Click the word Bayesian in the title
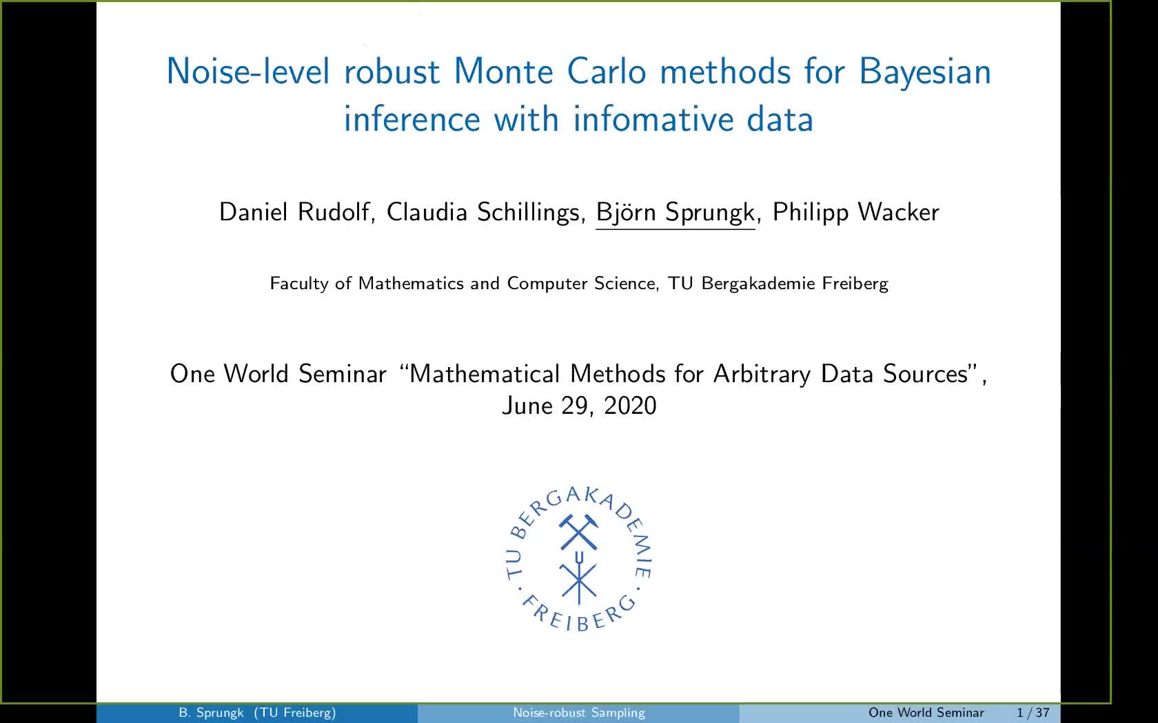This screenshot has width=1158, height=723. pos(925,72)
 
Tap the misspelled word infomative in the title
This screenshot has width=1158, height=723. pos(653,119)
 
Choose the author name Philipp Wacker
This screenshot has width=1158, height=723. pos(855,213)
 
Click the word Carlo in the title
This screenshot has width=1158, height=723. pos(607,71)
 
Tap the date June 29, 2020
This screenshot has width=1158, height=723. pos(579,406)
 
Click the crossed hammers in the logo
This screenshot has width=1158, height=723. pos(578,532)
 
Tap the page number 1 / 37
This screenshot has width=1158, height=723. pos(1033,713)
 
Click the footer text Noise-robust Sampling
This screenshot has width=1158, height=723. pos(579,713)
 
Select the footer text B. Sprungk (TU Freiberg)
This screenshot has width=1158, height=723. pos(258,713)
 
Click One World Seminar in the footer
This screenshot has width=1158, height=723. pos(926,713)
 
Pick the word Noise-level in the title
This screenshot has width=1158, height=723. pos(248,71)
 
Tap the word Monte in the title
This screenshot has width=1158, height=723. pos(503,71)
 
